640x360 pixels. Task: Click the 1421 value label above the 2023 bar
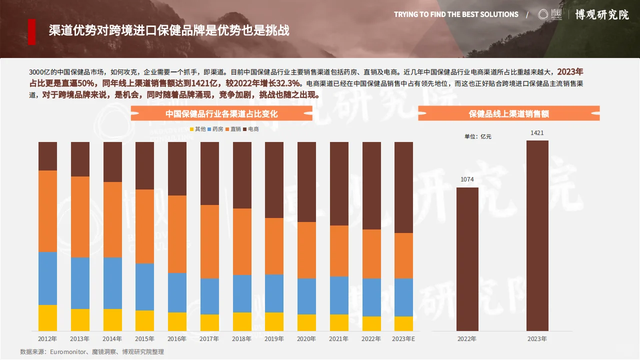(x=537, y=133)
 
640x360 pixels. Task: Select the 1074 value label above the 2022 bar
(x=467, y=179)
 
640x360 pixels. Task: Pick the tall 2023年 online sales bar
(x=537, y=235)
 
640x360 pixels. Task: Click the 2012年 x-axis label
(x=47, y=339)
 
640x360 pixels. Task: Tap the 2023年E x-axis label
(x=403, y=339)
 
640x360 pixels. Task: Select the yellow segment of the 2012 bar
(x=47, y=317)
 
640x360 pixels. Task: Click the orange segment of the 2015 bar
(x=144, y=226)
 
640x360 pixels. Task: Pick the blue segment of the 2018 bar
(x=242, y=293)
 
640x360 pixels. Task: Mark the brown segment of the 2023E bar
(x=403, y=187)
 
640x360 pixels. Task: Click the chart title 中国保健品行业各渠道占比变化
(x=221, y=114)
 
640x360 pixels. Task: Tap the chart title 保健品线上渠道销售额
(x=508, y=114)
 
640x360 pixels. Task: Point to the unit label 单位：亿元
(x=477, y=136)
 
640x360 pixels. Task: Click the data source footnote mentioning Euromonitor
(x=92, y=352)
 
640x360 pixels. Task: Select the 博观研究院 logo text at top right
(x=601, y=14)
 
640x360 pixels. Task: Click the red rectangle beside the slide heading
(x=31, y=31)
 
